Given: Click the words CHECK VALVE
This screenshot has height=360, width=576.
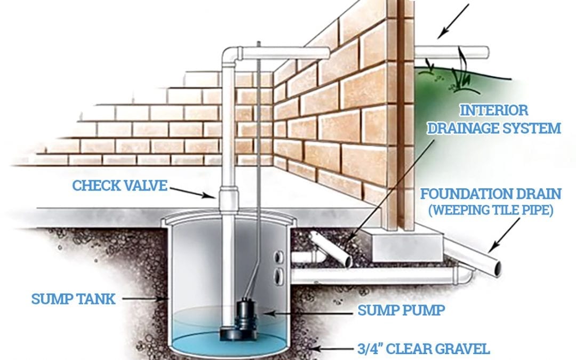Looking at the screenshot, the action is coord(120,186).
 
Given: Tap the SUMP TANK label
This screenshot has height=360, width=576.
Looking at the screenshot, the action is coord(73,299).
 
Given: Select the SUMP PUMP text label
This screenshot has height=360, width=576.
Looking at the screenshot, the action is coord(401,310).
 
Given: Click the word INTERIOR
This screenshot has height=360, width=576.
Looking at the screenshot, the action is coord(494,110).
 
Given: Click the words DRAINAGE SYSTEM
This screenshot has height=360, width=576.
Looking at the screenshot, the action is coord(494,129).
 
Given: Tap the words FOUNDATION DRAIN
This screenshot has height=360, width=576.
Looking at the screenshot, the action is coord(491,194).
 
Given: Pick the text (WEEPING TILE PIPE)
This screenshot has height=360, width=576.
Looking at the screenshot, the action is coord(491,210).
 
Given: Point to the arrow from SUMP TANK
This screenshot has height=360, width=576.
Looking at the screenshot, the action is coord(145,299).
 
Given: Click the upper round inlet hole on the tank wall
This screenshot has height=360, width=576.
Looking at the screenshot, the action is coord(279,257).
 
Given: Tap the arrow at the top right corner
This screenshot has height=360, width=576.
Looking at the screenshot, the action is coord(453,21).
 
